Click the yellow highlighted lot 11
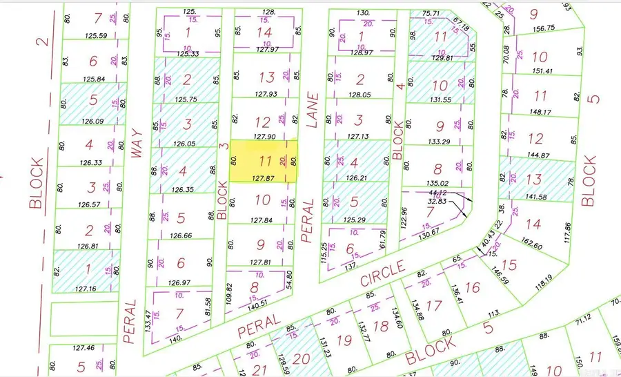[x=264, y=162]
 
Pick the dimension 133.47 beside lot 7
[x=148, y=320]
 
